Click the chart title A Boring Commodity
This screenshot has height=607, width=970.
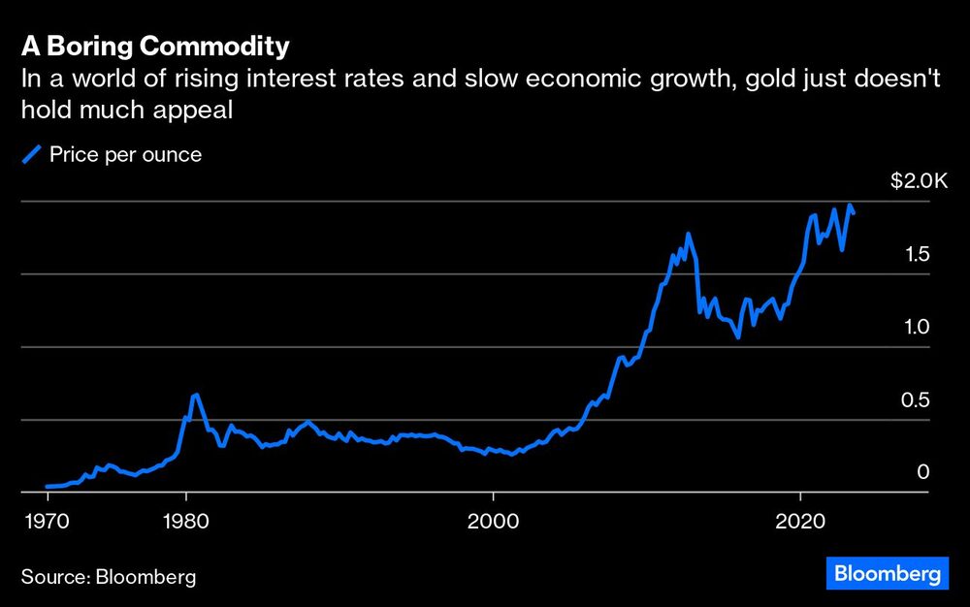coord(155,47)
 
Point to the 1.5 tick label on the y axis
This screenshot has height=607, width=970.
coord(917,254)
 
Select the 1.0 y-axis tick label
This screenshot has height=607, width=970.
coord(917,327)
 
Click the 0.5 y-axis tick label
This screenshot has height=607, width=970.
coord(917,399)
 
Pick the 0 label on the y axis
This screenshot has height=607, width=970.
coord(923,472)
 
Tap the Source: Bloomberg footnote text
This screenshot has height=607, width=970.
coord(109,577)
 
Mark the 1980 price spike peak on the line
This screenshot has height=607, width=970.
coord(195,395)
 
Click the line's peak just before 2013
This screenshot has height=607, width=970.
coord(688,234)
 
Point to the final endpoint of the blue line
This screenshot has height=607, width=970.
coord(854,213)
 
